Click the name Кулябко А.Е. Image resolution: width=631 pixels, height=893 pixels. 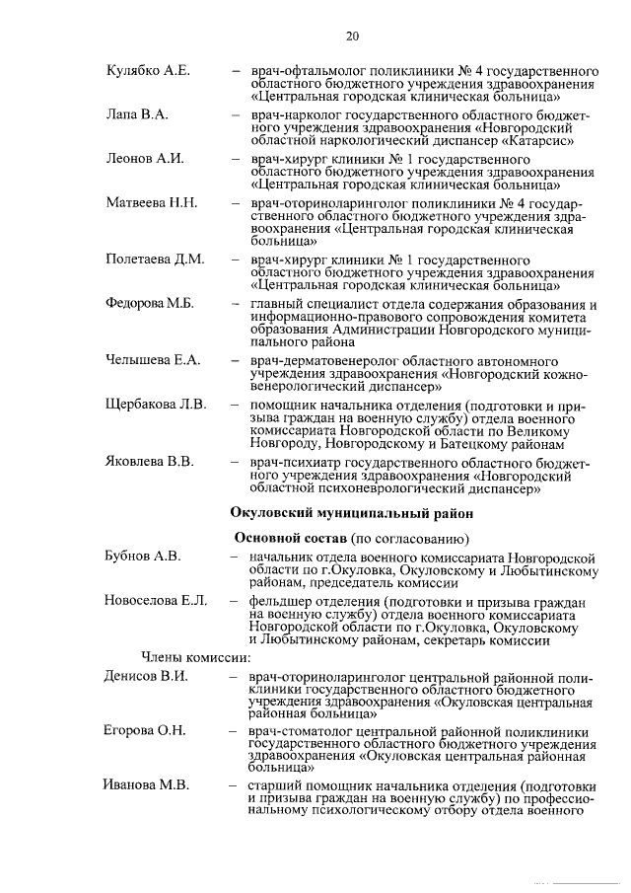pyautogui.click(x=148, y=72)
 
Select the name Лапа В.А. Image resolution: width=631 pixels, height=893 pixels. pyautogui.click(x=137, y=115)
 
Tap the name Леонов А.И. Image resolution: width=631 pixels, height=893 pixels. pyautogui.click(x=144, y=159)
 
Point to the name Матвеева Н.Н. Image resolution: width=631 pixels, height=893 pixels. pyautogui.click(x=152, y=203)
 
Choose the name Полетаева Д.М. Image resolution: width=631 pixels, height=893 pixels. pyautogui.click(x=155, y=260)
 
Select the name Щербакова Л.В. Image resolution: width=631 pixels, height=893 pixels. pyautogui.click(x=156, y=405)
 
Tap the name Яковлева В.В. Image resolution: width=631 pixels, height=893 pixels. pyautogui.click(x=153, y=461)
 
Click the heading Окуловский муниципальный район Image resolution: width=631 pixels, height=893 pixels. pyautogui.click(x=351, y=512)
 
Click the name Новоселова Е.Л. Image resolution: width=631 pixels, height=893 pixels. pyautogui.click(x=155, y=601)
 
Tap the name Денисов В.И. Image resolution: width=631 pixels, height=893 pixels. pyautogui.click(x=146, y=676)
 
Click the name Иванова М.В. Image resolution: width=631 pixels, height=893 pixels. pyautogui.click(x=146, y=786)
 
